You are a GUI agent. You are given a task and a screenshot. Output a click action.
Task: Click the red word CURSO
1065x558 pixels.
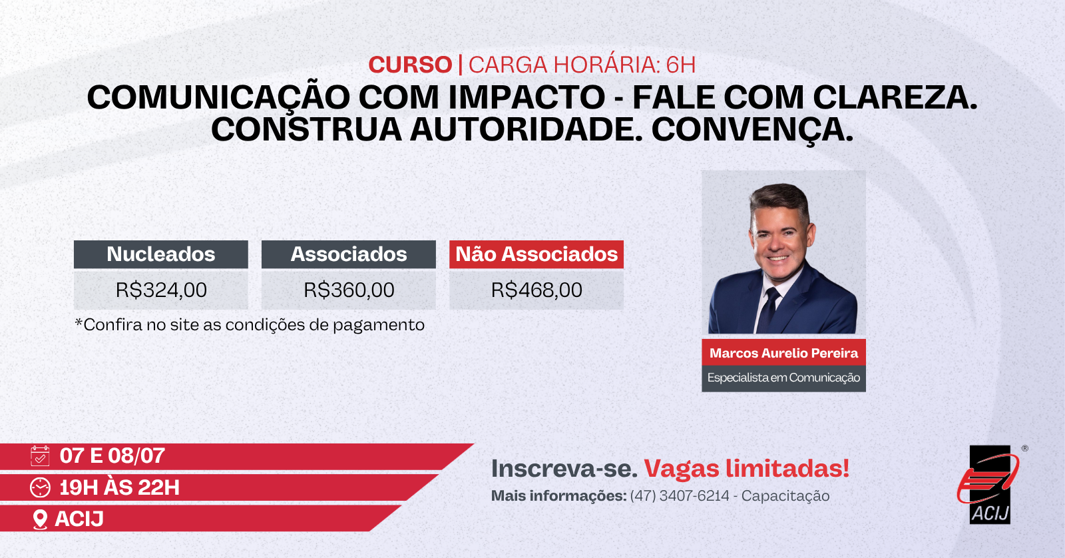pyautogui.click(x=410, y=65)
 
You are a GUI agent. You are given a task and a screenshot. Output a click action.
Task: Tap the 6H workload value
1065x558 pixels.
pyautogui.click(x=681, y=65)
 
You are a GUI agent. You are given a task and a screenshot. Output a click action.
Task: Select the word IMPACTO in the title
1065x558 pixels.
pyautogui.click(x=527, y=97)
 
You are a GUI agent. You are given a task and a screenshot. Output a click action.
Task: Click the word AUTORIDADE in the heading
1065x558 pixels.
pyautogui.click(x=526, y=129)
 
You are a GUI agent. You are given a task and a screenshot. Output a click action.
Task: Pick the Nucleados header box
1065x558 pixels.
pyautogui.click(x=160, y=254)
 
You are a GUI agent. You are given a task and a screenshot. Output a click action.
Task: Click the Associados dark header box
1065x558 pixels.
pyautogui.click(x=349, y=254)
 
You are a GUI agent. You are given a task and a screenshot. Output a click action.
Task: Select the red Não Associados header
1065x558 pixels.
pyautogui.click(x=536, y=254)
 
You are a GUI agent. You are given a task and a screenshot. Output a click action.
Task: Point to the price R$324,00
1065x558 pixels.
pyautogui.click(x=161, y=290)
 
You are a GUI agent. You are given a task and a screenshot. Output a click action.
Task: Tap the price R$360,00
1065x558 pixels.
pyautogui.click(x=349, y=290)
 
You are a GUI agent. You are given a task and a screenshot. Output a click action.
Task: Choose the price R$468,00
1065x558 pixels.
pyautogui.click(x=536, y=290)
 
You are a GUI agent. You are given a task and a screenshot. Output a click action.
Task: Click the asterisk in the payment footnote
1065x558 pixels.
pyautogui.click(x=79, y=322)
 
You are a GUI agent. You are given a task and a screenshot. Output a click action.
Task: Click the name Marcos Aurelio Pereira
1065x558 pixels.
pyautogui.click(x=783, y=353)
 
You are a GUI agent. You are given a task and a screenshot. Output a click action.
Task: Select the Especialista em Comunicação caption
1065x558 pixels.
pyautogui.click(x=783, y=378)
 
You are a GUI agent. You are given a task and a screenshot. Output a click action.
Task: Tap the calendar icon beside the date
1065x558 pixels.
pyautogui.click(x=40, y=455)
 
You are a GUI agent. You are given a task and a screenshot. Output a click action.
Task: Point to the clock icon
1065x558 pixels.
pyautogui.click(x=40, y=487)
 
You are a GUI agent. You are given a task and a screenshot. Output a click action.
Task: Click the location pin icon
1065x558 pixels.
pyautogui.click(x=40, y=519)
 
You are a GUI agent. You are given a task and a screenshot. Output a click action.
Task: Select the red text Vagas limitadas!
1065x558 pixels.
pyautogui.click(x=746, y=469)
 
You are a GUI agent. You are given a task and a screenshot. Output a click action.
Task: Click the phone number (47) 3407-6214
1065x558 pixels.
pyautogui.click(x=680, y=495)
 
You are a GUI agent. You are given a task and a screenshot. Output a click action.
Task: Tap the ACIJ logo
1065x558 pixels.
pyautogui.click(x=990, y=485)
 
